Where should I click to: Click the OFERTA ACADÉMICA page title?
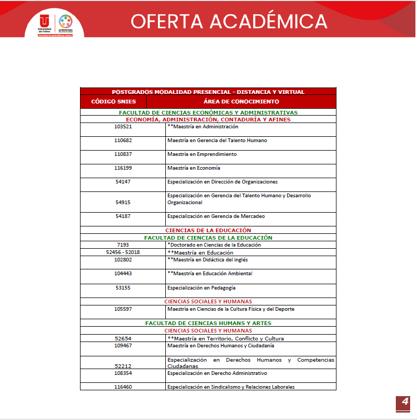[229, 21]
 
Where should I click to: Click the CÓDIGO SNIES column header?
[113, 101]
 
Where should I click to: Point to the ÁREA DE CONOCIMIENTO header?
[241, 101]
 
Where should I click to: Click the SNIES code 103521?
[123, 127]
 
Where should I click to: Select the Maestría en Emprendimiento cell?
[202, 154]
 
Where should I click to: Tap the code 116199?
[123, 168]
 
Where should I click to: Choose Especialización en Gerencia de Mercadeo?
[216, 216]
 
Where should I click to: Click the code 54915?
[123, 202]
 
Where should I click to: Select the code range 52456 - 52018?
[123, 252]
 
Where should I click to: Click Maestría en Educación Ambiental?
[210, 274]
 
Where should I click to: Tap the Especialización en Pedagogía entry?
[201, 288]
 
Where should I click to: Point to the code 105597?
[123, 309]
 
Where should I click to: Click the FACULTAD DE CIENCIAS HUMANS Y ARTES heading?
[208, 323]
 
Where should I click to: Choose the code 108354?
[123, 373]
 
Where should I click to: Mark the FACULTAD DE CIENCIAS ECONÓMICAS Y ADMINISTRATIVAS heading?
[208, 112]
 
